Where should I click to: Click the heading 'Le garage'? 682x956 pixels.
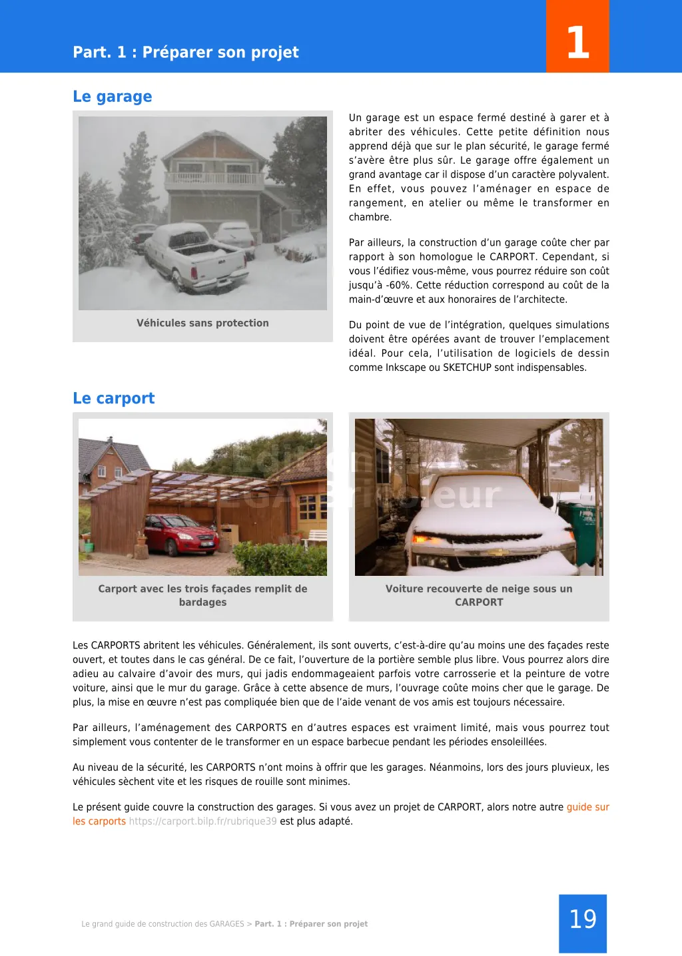pos(112,97)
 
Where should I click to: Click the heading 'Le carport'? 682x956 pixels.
pos(113,398)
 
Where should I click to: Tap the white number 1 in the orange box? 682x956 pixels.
pos(577,43)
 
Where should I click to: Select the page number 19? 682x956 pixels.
pos(583,919)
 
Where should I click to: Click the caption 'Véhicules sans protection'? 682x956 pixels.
pos(202,323)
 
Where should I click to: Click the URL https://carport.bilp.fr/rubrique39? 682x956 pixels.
pos(202,821)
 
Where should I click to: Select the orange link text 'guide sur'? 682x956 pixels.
pos(587,807)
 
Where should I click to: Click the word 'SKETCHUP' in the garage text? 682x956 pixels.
pos(467,367)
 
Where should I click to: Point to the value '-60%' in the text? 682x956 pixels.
pos(397,285)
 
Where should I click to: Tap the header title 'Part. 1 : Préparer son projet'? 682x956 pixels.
pos(186,52)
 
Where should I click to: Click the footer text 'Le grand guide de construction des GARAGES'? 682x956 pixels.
pos(163,924)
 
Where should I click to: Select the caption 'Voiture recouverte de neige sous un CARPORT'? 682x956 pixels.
pos(478,595)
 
